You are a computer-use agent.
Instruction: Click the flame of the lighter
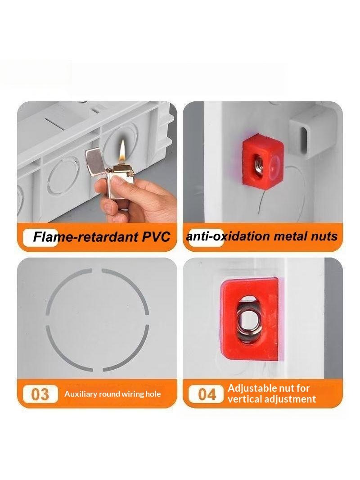coord(123,150)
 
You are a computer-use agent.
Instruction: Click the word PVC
coord(156,237)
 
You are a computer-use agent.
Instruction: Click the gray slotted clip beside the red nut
coord(307,134)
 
